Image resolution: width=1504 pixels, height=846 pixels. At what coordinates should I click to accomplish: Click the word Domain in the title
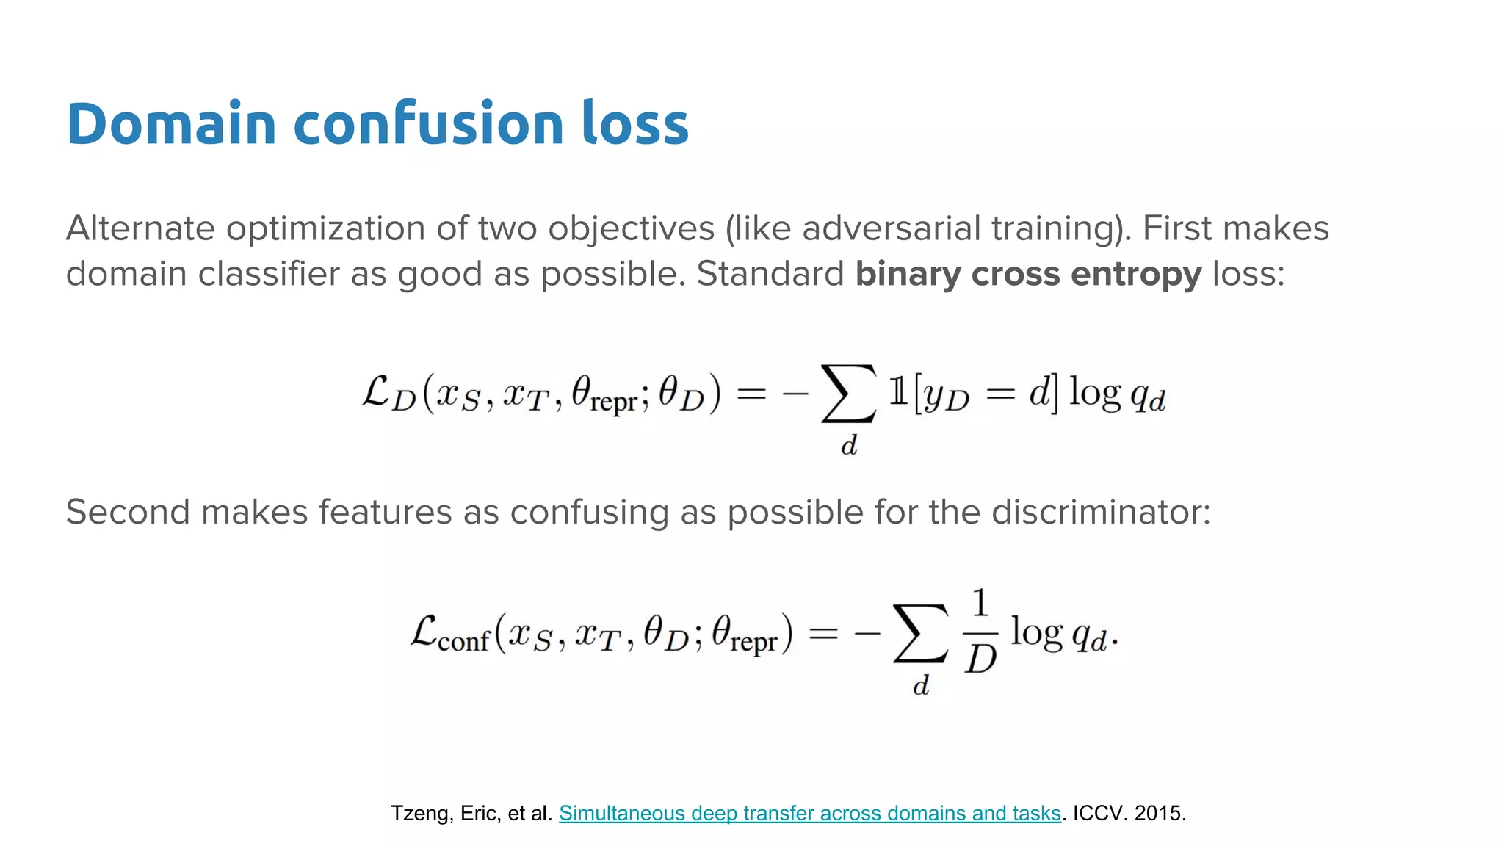click(x=171, y=123)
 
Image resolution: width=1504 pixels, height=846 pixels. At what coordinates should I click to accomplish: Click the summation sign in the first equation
click(x=848, y=394)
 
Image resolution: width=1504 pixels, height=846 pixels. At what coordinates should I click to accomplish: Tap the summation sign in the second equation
click(x=920, y=634)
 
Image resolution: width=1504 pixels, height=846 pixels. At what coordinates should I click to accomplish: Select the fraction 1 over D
click(x=980, y=632)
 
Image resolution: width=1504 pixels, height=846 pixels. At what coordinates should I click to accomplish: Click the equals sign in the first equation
click(x=751, y=394)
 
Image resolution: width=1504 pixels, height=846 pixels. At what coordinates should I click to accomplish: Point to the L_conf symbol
click(x=449, y=633)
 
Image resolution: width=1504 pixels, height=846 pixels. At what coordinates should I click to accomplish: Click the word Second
click(x=128, y=512)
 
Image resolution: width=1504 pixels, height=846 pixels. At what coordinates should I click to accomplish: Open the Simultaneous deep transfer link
click(x=810, y=813)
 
